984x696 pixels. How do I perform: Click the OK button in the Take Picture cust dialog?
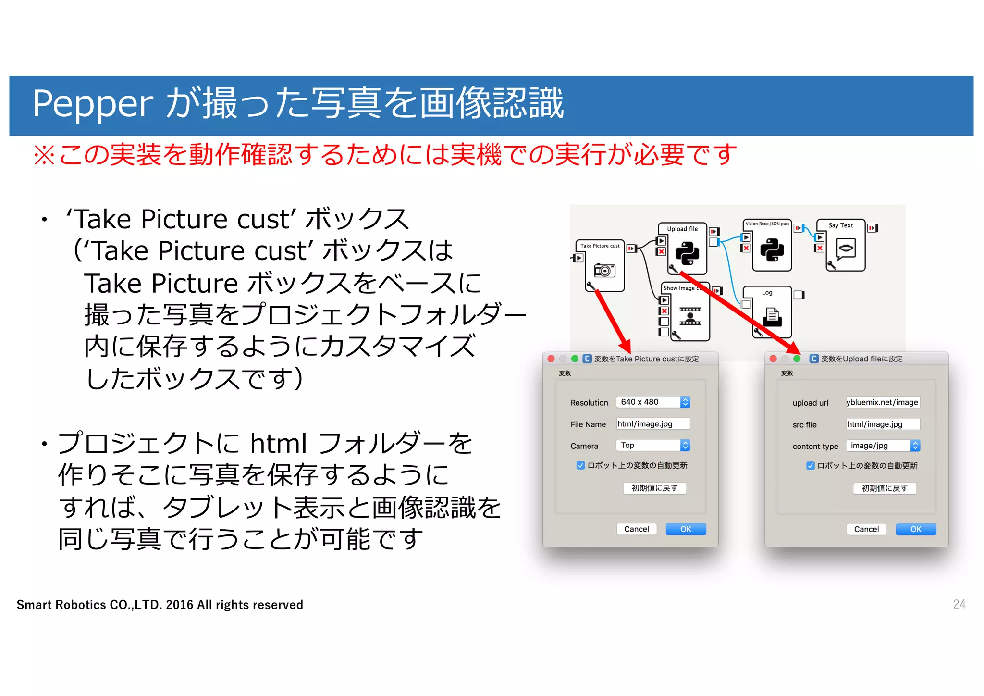(x=685, y=529)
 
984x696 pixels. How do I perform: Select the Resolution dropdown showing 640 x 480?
(x=652, y=402)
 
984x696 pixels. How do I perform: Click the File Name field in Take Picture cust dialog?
(x=652, y=423)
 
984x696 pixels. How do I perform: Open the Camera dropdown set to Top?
(x=652, y=445)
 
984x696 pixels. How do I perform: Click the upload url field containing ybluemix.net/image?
(x=883, y=402)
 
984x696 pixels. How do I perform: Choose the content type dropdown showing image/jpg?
(x=883, y=446)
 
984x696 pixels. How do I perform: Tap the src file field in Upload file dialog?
(x=883, y=424)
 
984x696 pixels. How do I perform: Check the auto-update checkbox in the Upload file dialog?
(x=810, y=466)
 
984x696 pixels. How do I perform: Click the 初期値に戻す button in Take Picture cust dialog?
(x=654, y=488)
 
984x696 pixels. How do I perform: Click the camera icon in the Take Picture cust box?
(x=604, y=270)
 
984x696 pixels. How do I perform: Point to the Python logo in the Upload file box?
(x=687, y=253)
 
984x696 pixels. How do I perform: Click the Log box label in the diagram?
(x=767, y=292)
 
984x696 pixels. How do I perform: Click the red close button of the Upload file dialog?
(x=773, y=359)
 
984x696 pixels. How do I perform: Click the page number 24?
(x=959, y=604)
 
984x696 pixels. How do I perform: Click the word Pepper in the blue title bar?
(x=92, y=104)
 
